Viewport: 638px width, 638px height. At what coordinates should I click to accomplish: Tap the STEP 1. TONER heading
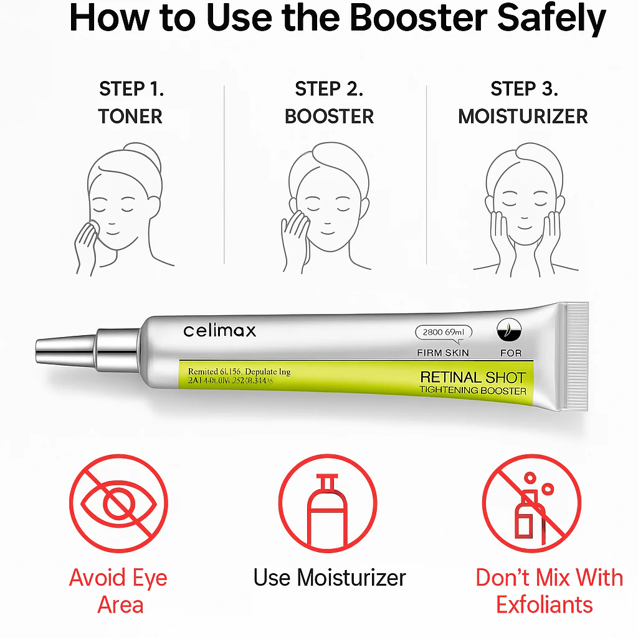coord(131,102)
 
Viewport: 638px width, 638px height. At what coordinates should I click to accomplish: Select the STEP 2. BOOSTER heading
coord(329,102)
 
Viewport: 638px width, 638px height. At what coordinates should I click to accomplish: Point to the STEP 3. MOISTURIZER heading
coord(523,102)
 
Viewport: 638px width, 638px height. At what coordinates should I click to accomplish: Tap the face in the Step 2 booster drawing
coord(328,212)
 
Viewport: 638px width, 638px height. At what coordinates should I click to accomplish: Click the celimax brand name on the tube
coord(219,330)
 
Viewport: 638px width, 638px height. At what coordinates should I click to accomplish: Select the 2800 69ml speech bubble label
coord(443,333)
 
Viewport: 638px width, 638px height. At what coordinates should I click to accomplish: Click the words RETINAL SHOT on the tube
coord(473,377)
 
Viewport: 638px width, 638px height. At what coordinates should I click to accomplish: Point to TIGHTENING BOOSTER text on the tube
coord(473,391)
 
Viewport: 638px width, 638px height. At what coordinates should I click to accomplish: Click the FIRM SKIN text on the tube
coord(443,353)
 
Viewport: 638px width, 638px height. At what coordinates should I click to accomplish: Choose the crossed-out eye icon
coord(118,504)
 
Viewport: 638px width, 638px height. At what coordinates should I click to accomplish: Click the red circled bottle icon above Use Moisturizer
coord(327,504)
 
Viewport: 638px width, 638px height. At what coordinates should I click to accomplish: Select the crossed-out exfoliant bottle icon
coord(531,504)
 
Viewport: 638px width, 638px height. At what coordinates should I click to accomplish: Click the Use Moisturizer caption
coord(329,578)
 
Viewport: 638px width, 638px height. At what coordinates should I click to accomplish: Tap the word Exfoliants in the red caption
coord(544,604)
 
